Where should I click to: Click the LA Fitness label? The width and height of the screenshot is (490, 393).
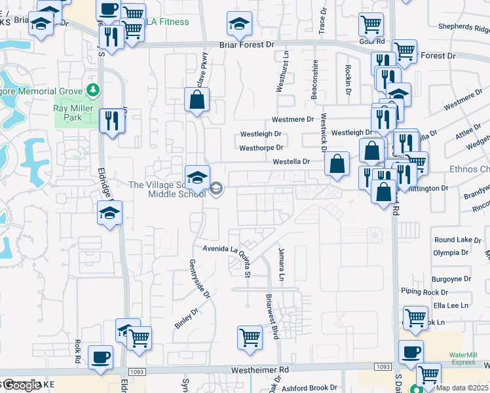167,22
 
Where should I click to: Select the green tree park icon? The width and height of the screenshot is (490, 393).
93,90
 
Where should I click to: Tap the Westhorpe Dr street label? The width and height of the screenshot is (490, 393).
260,149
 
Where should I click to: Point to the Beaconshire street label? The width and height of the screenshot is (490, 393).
314,81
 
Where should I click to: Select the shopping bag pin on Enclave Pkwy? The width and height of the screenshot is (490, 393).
197,101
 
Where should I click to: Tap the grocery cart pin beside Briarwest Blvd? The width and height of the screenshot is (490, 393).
250,337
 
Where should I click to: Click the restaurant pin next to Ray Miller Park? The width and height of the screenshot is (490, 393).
111,121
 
